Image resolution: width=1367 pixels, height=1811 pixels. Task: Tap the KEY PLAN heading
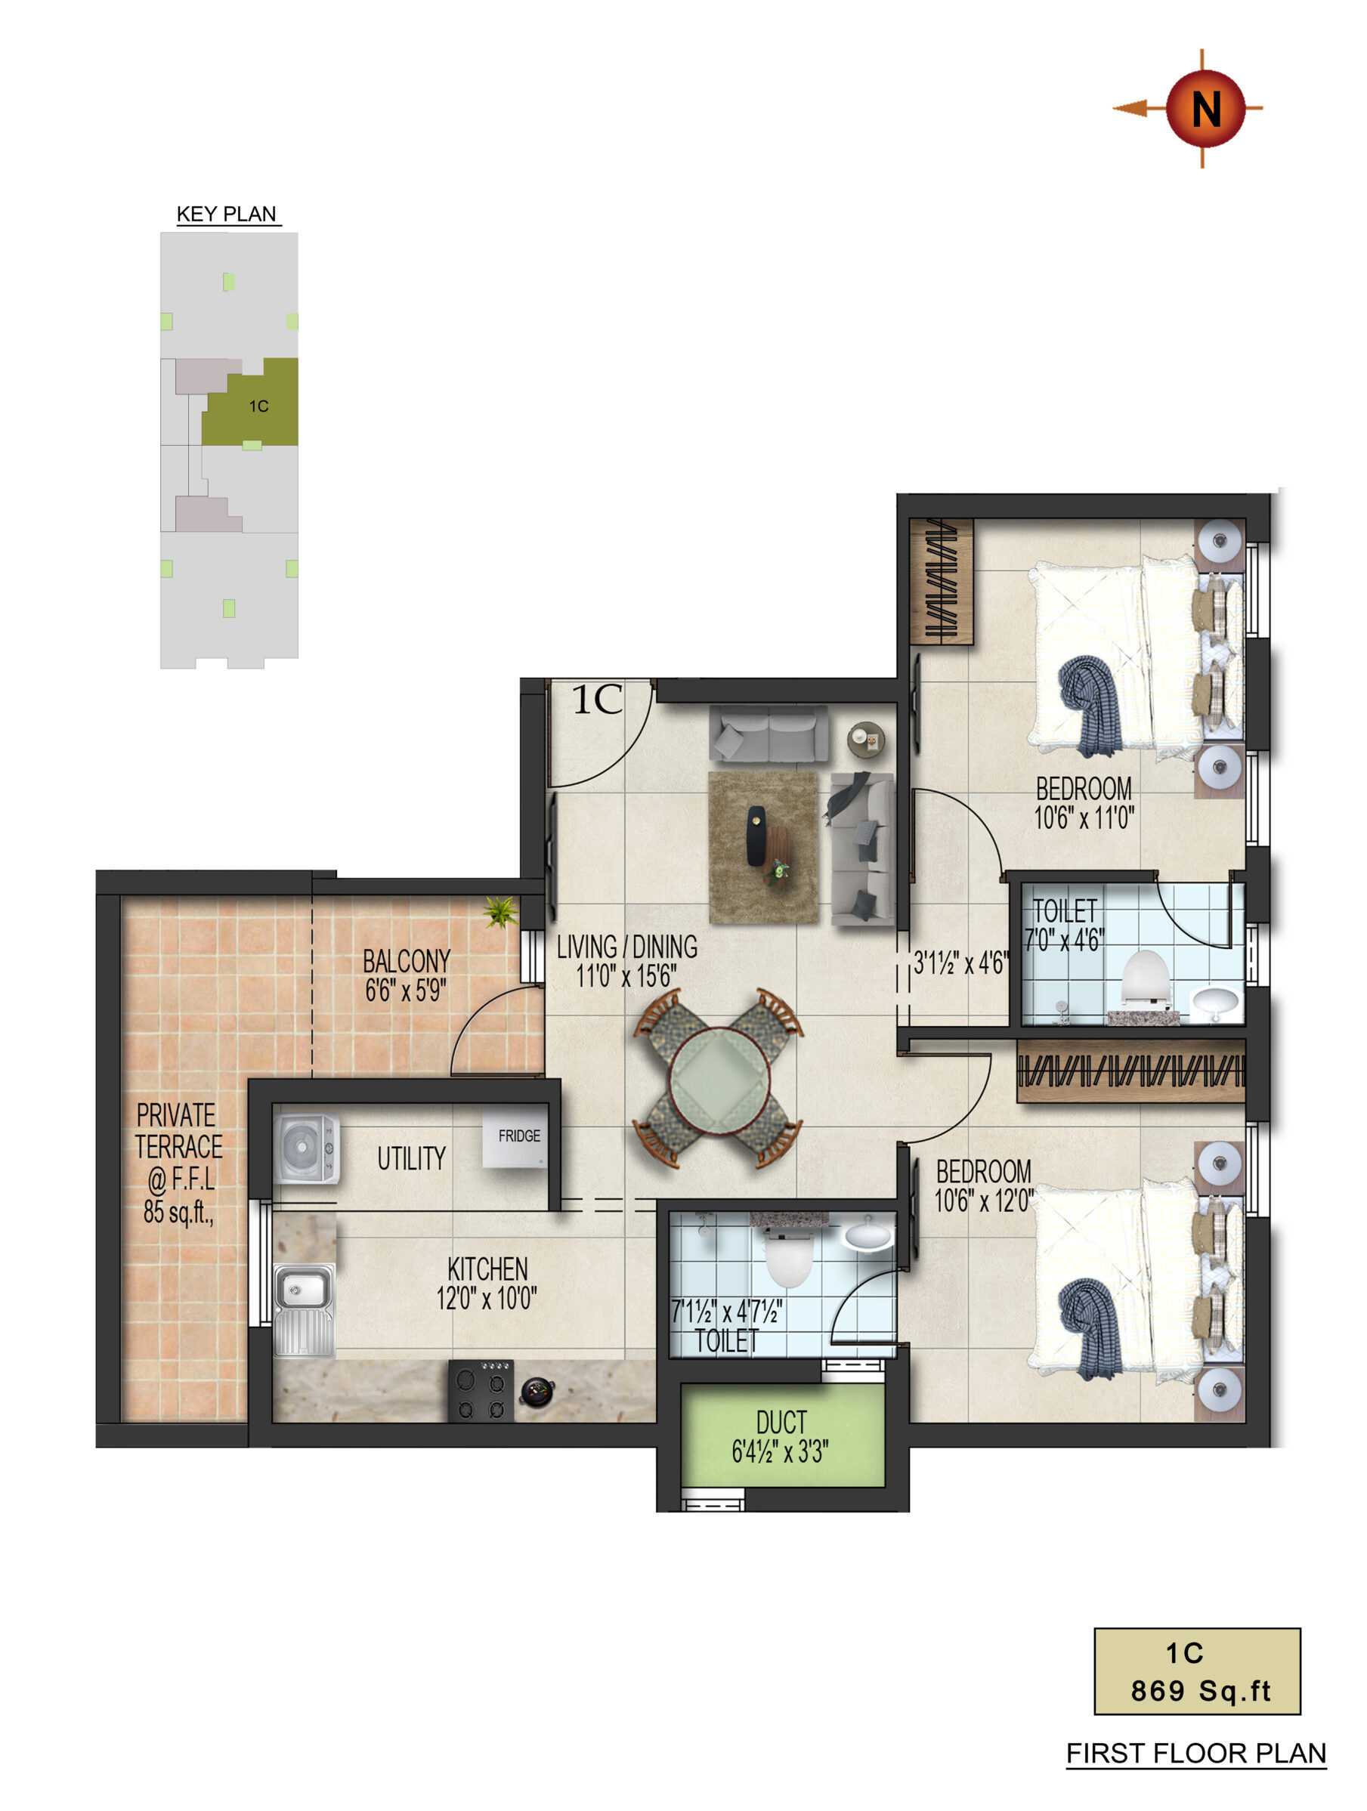click(227, 215)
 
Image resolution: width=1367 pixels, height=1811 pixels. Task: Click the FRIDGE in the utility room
click(515, 1137)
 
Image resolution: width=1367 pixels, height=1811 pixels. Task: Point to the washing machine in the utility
click(305, 1148)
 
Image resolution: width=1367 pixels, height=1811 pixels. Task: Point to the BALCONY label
click(407, 961)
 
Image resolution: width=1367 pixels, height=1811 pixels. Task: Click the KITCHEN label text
click(487, 1269)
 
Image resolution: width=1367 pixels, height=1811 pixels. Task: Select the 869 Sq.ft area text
click(1200, 1692)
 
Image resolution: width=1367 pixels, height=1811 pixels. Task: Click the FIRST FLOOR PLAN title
click(1195, 1754)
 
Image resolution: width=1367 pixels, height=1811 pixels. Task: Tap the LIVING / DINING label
click(627, 947)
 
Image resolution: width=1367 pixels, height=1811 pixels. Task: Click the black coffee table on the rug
click(756, 836)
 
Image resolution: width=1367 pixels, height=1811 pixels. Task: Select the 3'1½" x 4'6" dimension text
click(959, 963)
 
